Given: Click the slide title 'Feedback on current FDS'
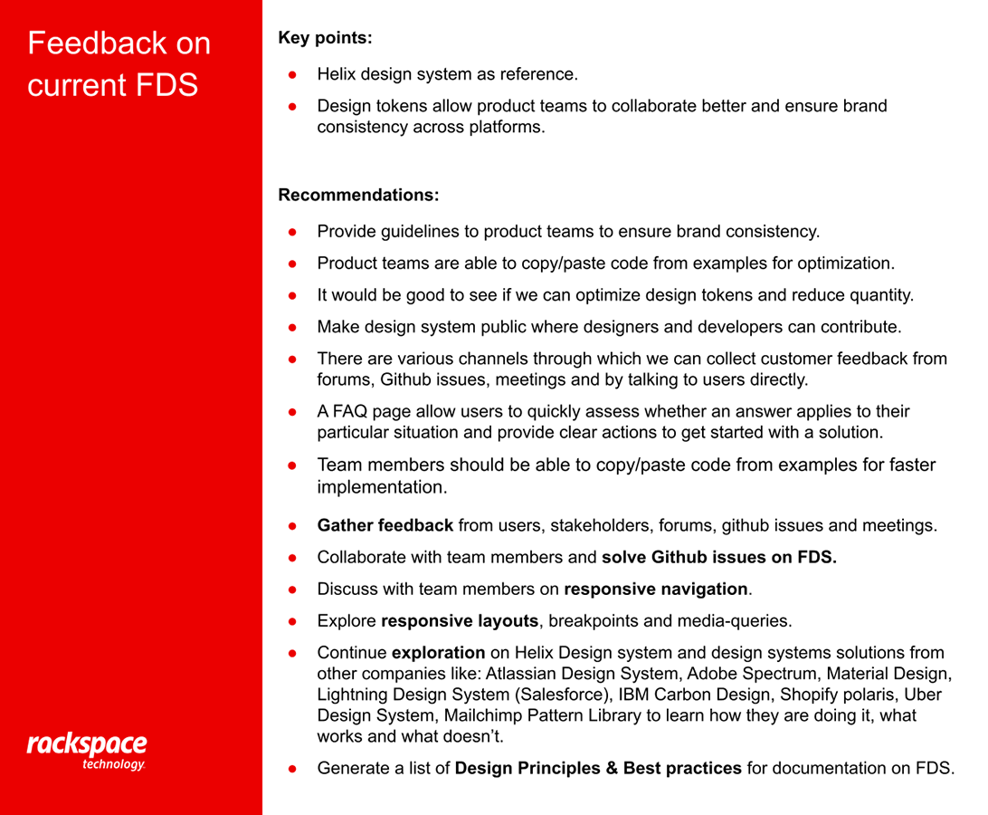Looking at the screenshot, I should [119, 63].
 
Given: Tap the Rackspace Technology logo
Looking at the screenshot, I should [87, 751].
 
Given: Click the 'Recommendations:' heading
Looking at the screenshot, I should [358, 195].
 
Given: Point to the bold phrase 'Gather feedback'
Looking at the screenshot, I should [385, 525].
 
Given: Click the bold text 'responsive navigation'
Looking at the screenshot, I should [656, 590].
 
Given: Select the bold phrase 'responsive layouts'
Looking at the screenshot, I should [460, 621].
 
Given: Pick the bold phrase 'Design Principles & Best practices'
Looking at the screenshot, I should [598, 769].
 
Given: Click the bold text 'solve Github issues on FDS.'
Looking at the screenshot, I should [719, 558].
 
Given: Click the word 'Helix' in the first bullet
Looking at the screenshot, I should [337, 74].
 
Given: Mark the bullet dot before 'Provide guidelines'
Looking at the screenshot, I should [293, 232].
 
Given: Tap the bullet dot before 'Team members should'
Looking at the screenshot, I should [293, 465].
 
